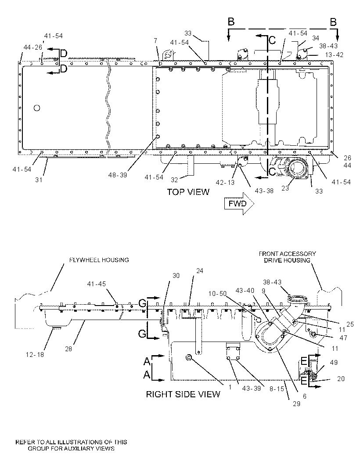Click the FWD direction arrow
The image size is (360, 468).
click(239, 204)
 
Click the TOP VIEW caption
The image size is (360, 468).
click(188, 192)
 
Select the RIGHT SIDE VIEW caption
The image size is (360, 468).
click(183, 394)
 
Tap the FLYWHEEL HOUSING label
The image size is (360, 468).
click(99, 260)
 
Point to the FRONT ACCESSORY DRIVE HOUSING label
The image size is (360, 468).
click(287, 257)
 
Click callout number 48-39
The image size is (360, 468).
click(118, 175)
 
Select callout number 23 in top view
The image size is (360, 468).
click(285, 188)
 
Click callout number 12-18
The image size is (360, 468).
click(35, 355)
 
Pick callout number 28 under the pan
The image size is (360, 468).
click(68, 349)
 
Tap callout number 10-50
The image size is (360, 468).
click(217, 294)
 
